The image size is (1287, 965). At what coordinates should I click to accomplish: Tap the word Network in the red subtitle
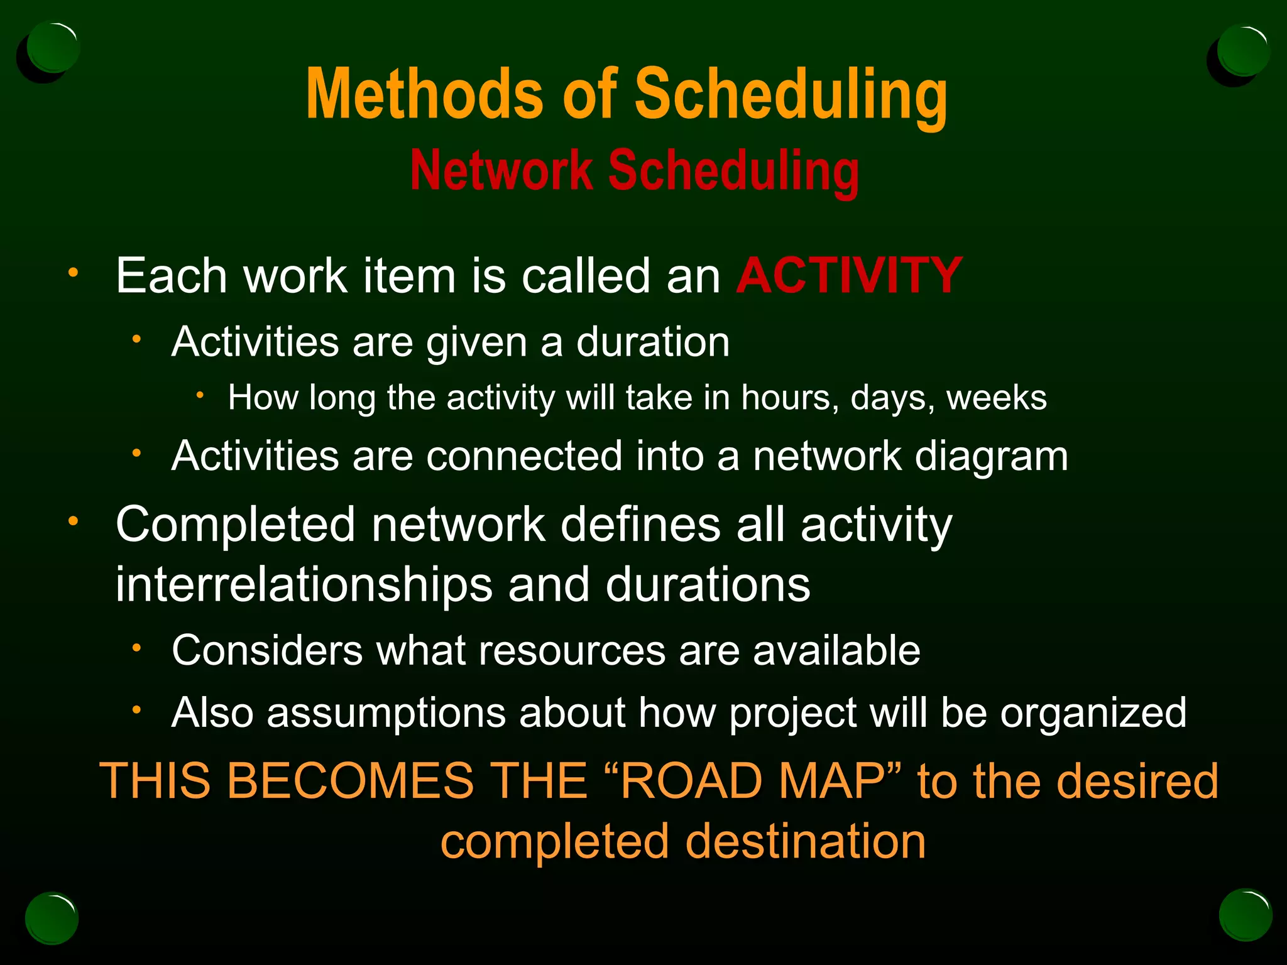coord(501,171)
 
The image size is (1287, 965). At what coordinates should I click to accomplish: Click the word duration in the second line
coord(653,342)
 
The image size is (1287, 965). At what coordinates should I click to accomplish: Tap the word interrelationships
coord(304,585)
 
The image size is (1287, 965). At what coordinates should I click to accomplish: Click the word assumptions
coord(386,714)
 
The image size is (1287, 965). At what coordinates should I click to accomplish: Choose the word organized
coord(1093,714)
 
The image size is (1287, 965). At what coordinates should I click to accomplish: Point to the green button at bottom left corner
coord(52,918)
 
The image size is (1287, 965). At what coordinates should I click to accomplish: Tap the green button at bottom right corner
coord(1245,915)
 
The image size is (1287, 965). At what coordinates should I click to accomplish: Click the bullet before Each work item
coord(74,273)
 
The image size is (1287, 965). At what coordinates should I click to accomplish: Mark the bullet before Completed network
coord(74,521)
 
